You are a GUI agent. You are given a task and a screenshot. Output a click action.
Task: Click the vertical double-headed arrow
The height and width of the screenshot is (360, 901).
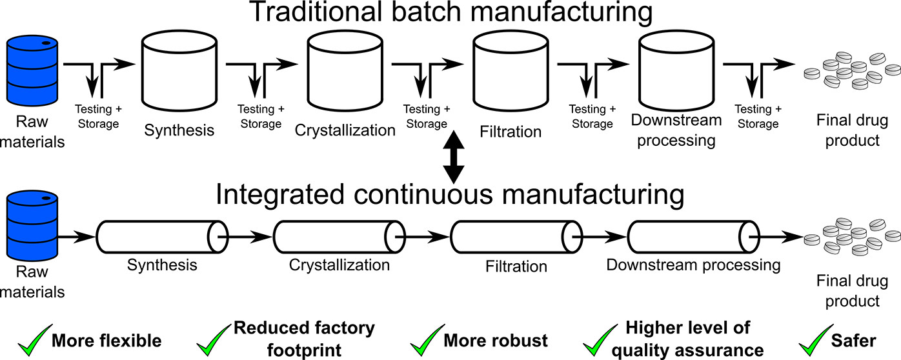(454, 157)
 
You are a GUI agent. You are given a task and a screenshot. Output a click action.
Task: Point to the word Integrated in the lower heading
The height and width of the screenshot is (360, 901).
(277, 194)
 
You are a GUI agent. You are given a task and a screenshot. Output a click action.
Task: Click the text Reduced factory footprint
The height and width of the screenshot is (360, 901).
(304, 339)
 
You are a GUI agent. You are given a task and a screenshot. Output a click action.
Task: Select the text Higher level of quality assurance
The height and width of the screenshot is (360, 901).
(688, 339)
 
